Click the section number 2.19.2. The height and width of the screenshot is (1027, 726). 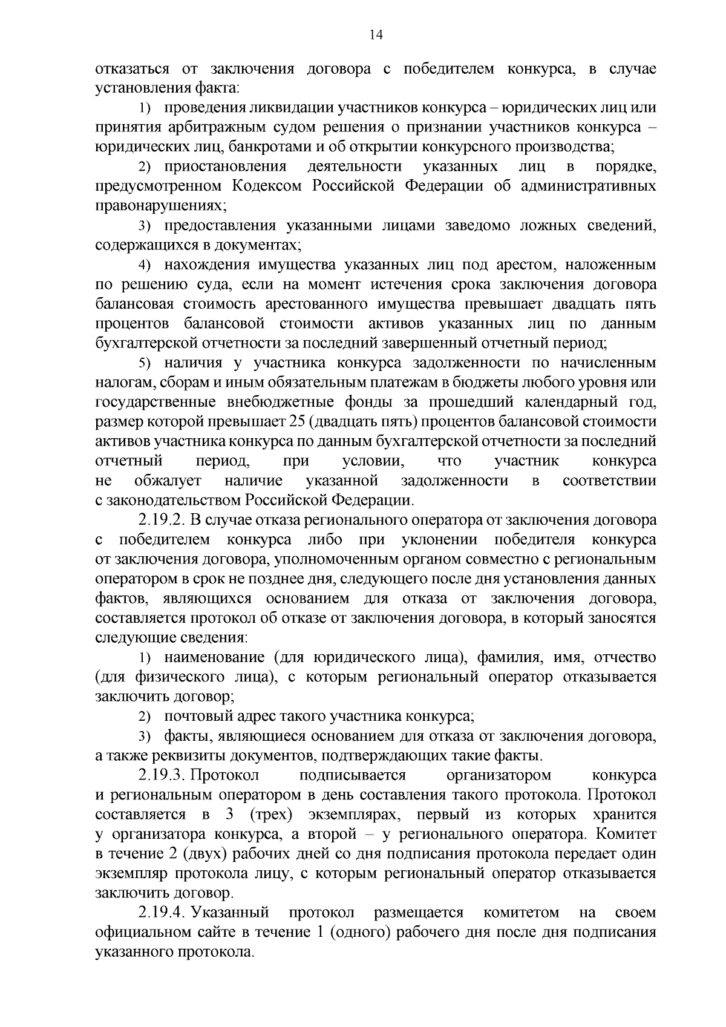click(162, 520)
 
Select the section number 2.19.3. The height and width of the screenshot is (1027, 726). click(162, 776)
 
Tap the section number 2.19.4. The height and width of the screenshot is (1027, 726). click(162, 913)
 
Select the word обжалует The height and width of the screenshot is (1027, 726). click(168, 481)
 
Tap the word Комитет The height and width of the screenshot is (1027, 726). click(626, 835)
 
